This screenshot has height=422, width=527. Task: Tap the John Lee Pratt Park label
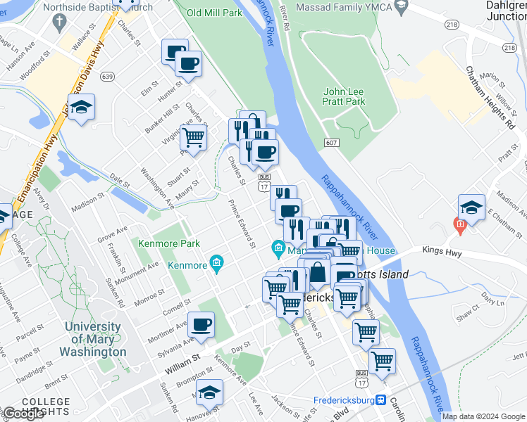(x=344, y=96)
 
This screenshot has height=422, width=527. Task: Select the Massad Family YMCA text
(x=344, y=8)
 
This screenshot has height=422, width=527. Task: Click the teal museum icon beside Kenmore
(x=217, y=264)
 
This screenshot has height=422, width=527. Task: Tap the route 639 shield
(x=108, y=76)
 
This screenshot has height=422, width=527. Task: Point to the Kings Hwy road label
(x=443, y=250)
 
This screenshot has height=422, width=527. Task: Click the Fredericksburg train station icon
(x=381, y=399)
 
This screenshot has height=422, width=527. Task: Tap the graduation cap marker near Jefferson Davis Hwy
(x=82, y=107)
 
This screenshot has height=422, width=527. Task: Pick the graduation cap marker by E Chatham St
(x=471, y=207)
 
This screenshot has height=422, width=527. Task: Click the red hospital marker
(x=459, y=226)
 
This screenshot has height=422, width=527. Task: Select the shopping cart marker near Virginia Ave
(x=193, y=136)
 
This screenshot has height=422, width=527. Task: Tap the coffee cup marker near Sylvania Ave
(x=201, y=324)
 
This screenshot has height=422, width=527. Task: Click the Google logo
(x=23, y=414)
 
